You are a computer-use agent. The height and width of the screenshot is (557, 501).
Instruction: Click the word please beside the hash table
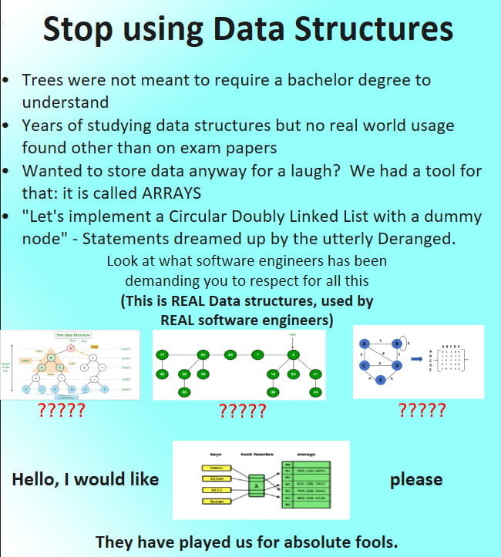click(416, 480)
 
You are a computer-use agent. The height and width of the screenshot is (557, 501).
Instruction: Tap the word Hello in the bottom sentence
click(39, 480)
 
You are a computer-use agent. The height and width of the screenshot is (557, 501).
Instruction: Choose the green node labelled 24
click(203, 354)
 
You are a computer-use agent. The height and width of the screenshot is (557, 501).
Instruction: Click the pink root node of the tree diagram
click(70, 347)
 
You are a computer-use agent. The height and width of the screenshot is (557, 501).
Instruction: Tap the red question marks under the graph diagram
click(422, 410)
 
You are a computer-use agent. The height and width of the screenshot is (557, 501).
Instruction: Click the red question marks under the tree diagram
click(61, 410)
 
